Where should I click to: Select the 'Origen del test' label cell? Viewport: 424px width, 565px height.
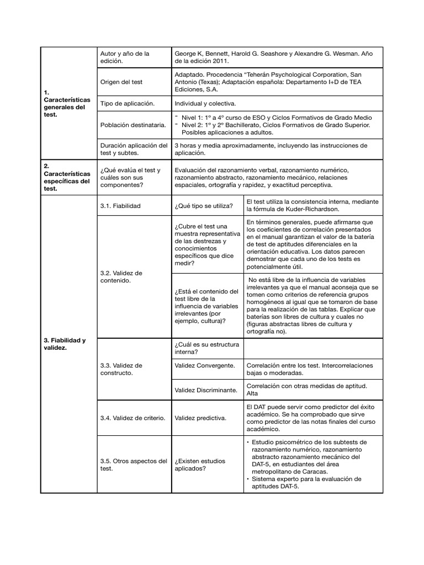coord(121,82)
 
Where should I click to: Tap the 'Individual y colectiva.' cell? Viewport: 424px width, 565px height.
coord(205,104)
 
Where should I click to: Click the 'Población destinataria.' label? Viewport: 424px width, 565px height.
coord(133,125)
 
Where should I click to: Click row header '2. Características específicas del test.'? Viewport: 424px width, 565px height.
coord(66,177)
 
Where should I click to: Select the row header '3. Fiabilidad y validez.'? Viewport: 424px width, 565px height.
coord(65,344)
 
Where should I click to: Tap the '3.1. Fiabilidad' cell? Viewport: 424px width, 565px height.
coord(120,206)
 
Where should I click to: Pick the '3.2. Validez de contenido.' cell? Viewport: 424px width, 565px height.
coord(121,277)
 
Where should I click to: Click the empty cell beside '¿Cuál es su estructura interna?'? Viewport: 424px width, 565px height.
coord(312,348)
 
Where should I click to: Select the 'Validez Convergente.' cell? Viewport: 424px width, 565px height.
coord(204,365)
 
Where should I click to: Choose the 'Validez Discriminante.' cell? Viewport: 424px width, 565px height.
coord(205,390)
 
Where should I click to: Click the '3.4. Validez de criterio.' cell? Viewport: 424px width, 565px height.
coord(133,418)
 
